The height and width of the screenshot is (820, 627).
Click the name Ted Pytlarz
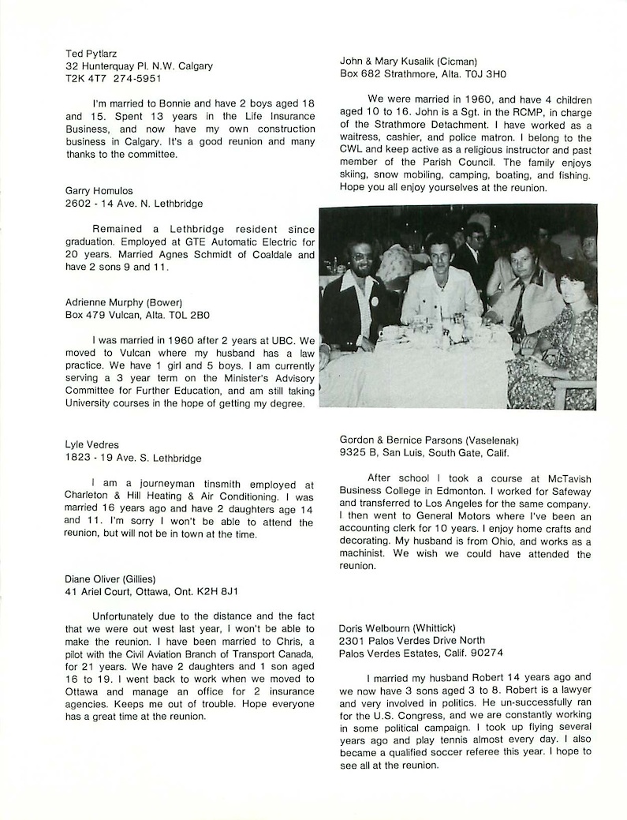(90, 53)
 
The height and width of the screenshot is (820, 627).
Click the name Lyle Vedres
(92, 445)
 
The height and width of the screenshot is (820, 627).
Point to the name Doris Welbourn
(373, 627)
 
